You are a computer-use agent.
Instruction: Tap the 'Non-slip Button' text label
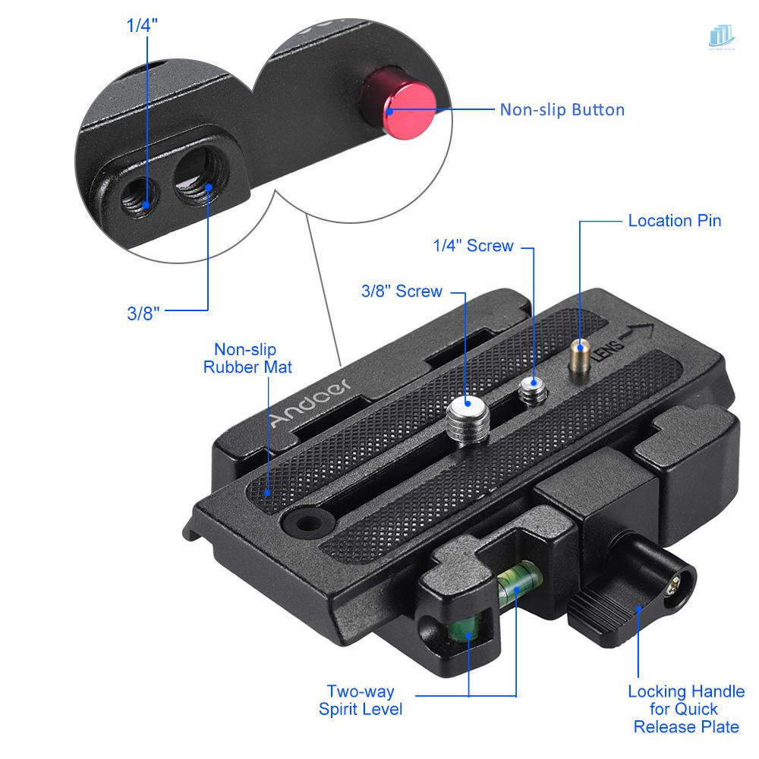click(562, 109)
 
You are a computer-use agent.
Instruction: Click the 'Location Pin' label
click(674, 221)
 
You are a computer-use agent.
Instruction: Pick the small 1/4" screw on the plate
click(532, 392)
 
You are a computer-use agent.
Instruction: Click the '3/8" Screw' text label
click(402, 291)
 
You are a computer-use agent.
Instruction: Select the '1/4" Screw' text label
click(473, 246)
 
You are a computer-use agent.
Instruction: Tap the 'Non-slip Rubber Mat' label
click(247, 358)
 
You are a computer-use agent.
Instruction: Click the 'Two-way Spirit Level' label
click(361, 701)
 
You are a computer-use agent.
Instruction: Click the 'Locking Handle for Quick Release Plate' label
click(686, 709)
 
